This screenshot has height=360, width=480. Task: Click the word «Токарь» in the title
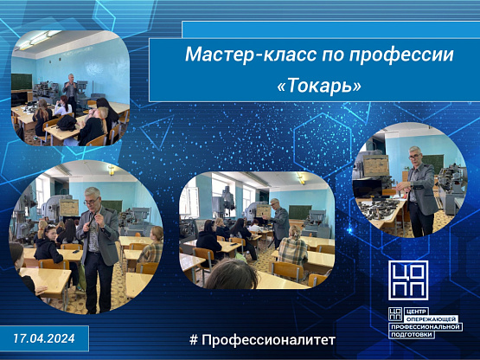click(319, 86)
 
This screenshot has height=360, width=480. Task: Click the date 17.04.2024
click(44, 338)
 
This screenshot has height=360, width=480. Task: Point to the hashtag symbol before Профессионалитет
click(194, 340)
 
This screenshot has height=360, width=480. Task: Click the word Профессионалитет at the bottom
click(268, 340)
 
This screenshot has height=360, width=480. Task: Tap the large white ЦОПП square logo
click(408, 280)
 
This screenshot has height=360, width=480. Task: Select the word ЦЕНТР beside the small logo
click(417, 312)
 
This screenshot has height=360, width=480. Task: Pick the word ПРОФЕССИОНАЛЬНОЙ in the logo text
click(426, 327)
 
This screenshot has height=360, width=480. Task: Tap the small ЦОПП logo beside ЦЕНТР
click(395, 314)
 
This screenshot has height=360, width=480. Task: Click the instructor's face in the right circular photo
click(415, 157)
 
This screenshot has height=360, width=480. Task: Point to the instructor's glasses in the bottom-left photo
click(91, 202)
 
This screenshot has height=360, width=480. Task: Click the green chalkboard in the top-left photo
click(22, 81)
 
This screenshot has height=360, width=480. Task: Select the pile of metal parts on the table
click(379, 208)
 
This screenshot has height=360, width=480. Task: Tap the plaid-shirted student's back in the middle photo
click(292, 251)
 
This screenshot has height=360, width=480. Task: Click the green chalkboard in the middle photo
click(300, 212)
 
